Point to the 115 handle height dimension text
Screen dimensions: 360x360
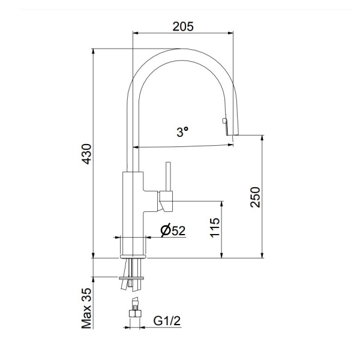[215, 229]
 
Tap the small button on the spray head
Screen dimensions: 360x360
[224, 122]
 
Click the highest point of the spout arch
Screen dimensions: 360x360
[180, 49]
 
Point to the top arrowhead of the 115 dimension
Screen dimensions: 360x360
[222, 202]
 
